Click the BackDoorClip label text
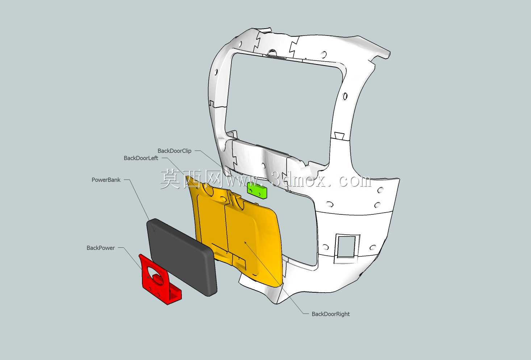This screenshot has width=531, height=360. click(x=174, y=151)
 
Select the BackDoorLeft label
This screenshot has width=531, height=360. click(x=141, y=158)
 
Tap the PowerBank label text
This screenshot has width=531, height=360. click(x=106, y=180)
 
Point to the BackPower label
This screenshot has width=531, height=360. click(x=100, y=248)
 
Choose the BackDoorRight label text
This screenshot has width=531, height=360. click(x=330, y=314)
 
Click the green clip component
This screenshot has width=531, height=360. click(x=257, y=190)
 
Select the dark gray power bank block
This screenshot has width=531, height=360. click(x=182, y=257)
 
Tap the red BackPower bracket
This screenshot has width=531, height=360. click(x=159, y=280)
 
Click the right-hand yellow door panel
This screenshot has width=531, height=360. click(x=255, y=239)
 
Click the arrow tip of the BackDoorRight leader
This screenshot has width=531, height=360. click(x=244, y=241)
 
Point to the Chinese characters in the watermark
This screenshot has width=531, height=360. click(x=191, y=179)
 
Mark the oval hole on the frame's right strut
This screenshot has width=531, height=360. click(x=345, y=96)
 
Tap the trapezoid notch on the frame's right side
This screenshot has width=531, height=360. click(x=339, y=135)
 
